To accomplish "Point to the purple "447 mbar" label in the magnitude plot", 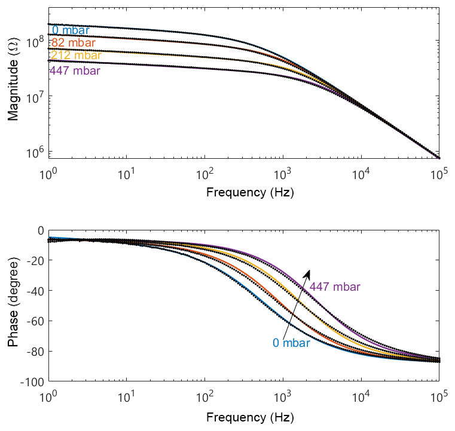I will (x=75, y=71).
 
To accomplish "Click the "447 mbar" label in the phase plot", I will (x=335, y=287).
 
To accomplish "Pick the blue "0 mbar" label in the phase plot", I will (x=291, y=343).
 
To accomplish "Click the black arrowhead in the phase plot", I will (x=307, y=273).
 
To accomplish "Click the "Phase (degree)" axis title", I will (x=13, y=305).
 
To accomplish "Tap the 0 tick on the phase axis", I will (x=40, y=230).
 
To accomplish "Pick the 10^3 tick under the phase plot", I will (x=283, y=395).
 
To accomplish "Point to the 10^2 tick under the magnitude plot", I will (x=205, y=174).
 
